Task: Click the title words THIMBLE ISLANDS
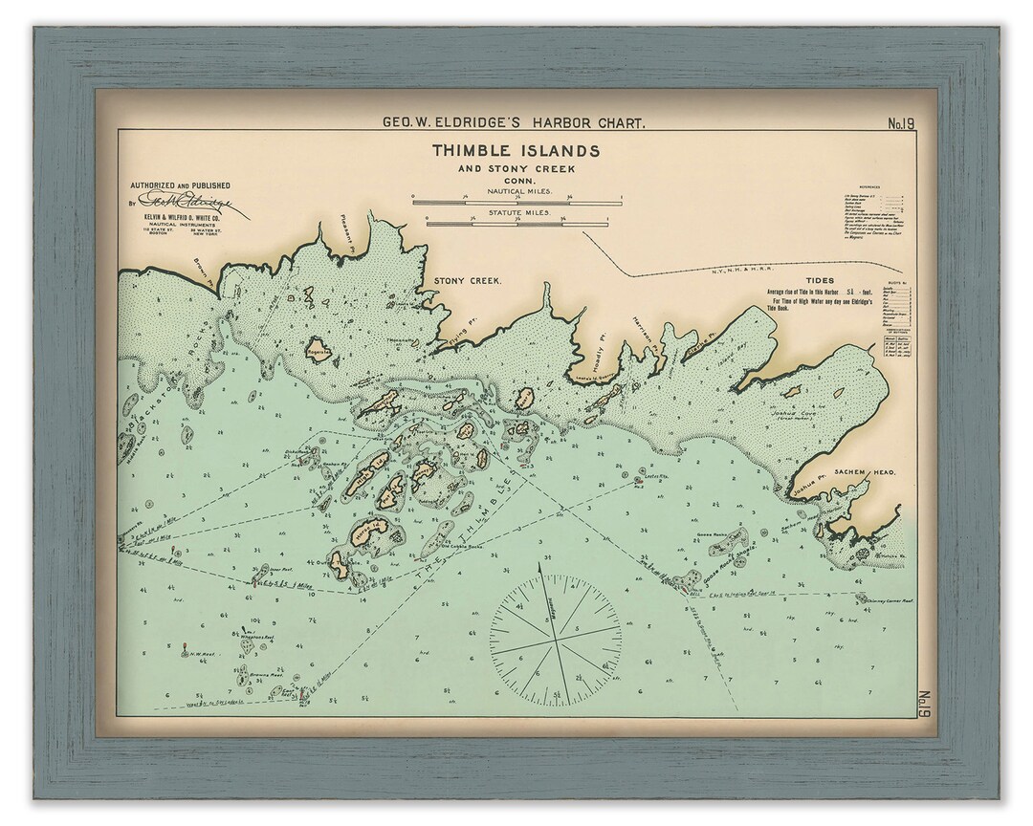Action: (x=516, y=151)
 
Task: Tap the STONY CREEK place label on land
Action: (x=468, y=281)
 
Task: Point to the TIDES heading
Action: (x=820, y=281)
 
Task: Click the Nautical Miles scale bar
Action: (x=516, y=203)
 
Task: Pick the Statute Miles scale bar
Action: (x=516, y=225)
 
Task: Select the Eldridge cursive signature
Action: (x=191, y=202)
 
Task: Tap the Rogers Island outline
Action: (x=319, y=351)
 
